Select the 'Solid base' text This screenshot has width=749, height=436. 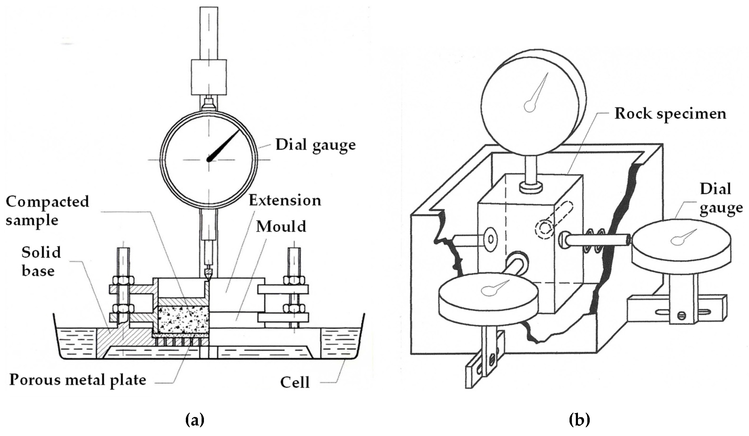coord(41,261)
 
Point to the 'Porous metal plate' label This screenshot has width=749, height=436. coord(78,380)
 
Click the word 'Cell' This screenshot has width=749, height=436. coord(295,382)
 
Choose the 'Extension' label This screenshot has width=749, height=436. coord(285,200)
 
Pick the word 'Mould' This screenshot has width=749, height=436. coord(281,227)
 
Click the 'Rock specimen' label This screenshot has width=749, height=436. coord(670,114)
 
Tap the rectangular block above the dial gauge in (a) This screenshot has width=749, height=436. coord(209,77)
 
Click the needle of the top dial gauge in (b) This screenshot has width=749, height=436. coord(538,92)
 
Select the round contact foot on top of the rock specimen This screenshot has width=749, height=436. coord(531,187)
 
